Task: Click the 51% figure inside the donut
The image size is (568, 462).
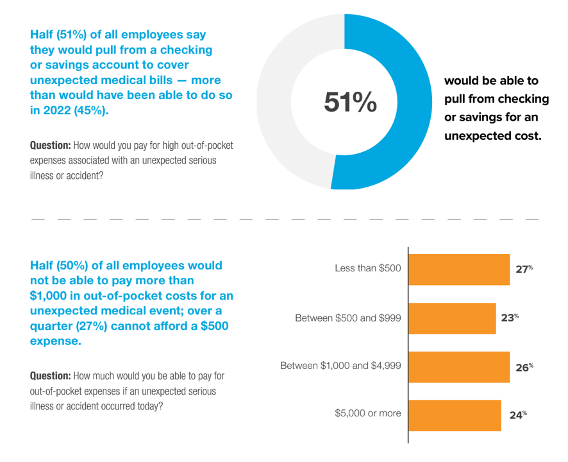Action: (x=350, y=102)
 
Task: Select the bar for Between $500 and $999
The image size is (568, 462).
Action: (x=452, y=318)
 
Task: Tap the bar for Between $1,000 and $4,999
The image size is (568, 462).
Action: (x=459, y=366)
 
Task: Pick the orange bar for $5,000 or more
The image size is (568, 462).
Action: (x=455, y=415)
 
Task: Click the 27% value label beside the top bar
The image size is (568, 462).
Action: (x=524, y=269)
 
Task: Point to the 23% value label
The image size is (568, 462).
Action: (x=510, y=318)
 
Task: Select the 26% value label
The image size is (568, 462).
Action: (x=524, y=367)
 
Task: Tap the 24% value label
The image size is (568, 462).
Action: (x=517, y=415)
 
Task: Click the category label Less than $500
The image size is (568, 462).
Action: (x=368, y=268)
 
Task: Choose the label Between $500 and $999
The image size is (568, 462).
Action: (x=348, y=318)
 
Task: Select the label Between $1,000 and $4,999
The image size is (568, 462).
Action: (x=341, y=366)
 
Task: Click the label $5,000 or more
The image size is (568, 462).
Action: (x=368, y=414)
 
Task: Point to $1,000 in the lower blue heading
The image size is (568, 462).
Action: (x=49, y=296)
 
